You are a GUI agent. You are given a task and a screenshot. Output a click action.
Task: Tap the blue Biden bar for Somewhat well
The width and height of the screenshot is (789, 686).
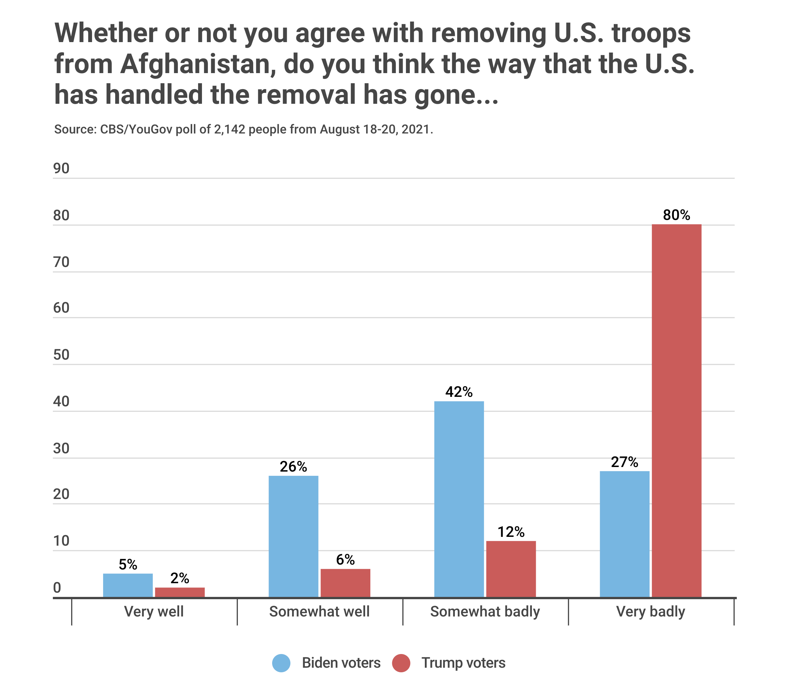click(293, 536)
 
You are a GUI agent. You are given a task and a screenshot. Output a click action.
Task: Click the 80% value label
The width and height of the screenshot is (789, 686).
click(676, 215)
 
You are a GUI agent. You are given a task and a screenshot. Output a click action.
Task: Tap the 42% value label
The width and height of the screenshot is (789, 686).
click(459, 392)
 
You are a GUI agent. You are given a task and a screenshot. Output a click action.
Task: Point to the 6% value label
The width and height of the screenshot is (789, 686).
click(345, 560)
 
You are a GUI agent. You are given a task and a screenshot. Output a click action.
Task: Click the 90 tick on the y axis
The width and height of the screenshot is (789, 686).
click(61, 168)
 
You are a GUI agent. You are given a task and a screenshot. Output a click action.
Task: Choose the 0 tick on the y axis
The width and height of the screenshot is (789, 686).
click(57, 588)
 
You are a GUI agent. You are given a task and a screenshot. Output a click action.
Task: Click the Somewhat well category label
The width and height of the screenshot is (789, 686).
click(319, 612)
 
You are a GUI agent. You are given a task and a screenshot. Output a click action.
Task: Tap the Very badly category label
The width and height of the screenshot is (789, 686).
click(650, 612)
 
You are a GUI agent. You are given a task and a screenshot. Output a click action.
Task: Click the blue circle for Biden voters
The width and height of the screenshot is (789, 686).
click(281, 663)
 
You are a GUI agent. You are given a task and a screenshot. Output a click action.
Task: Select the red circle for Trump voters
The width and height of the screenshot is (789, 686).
click(401, 663)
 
